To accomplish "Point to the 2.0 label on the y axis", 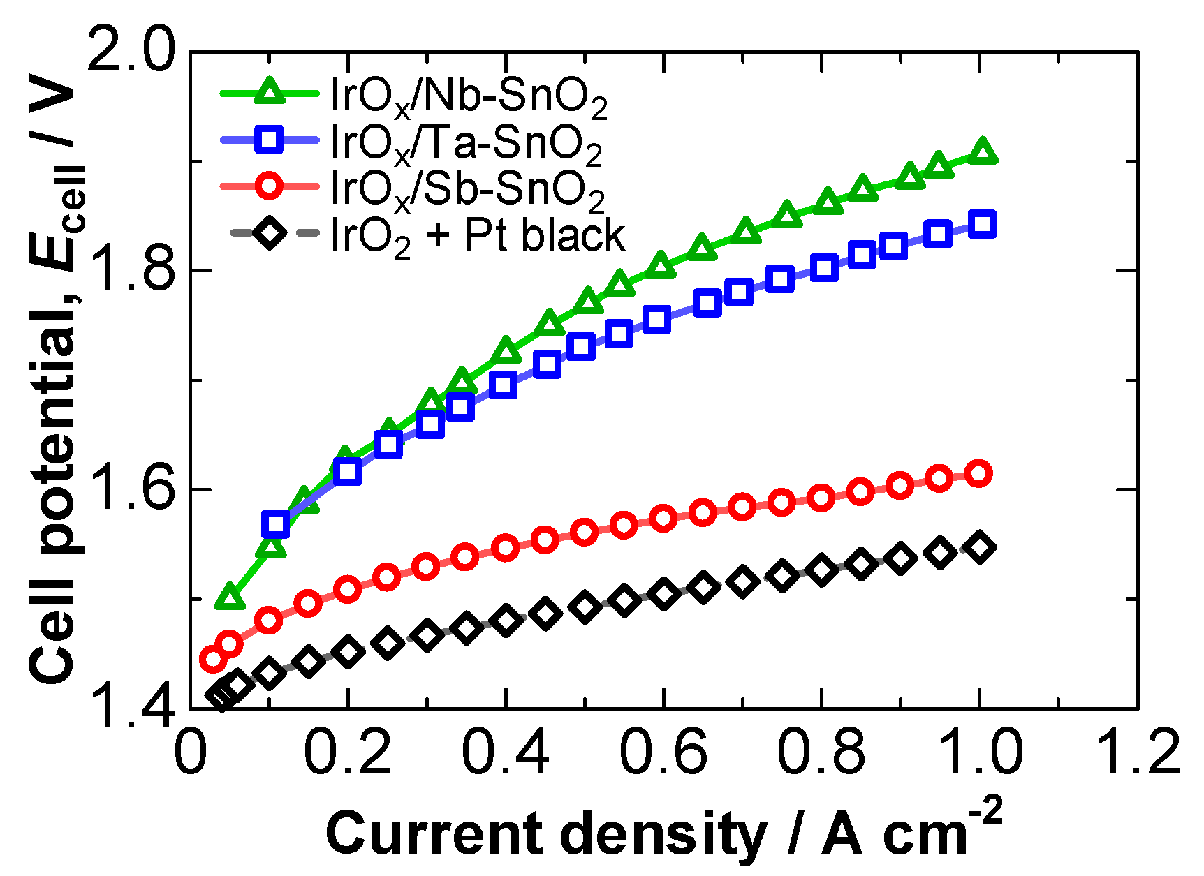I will [131, 50].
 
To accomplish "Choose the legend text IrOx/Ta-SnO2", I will [466, 144].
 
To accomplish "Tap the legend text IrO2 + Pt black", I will [477, 236].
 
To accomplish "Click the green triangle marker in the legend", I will [270, 91].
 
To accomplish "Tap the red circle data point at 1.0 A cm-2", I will [979, 473].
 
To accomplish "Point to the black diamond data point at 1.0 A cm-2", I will [980, 547].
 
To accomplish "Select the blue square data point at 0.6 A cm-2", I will [657, 319].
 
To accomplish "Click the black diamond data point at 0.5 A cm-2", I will [585, 607].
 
